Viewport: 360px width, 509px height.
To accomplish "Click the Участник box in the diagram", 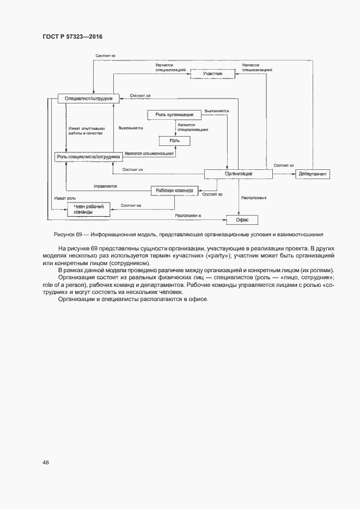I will (x=212, y=73).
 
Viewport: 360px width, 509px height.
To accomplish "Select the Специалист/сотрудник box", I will (x=88, y=98).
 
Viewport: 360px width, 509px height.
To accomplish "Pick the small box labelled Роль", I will (x=174, y=141).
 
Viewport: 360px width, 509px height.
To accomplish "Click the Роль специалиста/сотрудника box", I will (x=88, y=157).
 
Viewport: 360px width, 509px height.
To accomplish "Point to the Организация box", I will (x=238, y=174).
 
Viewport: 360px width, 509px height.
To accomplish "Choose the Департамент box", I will (x=313, y=174).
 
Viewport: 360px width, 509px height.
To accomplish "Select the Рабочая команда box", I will (x=174, y=191).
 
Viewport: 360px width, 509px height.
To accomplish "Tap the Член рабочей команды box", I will (x=88, y=209).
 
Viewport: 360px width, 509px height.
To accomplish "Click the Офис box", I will (x=242, y=220).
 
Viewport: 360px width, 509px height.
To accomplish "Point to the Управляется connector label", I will (x=105, y=186).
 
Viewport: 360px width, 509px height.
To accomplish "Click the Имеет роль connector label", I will (x=64, y=198).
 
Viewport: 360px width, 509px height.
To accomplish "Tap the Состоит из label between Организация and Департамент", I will (x=283, y=165).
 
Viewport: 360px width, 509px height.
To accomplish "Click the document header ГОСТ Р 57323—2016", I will (x=72, y=36).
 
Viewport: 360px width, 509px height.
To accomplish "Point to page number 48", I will (x=46, y=462).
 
